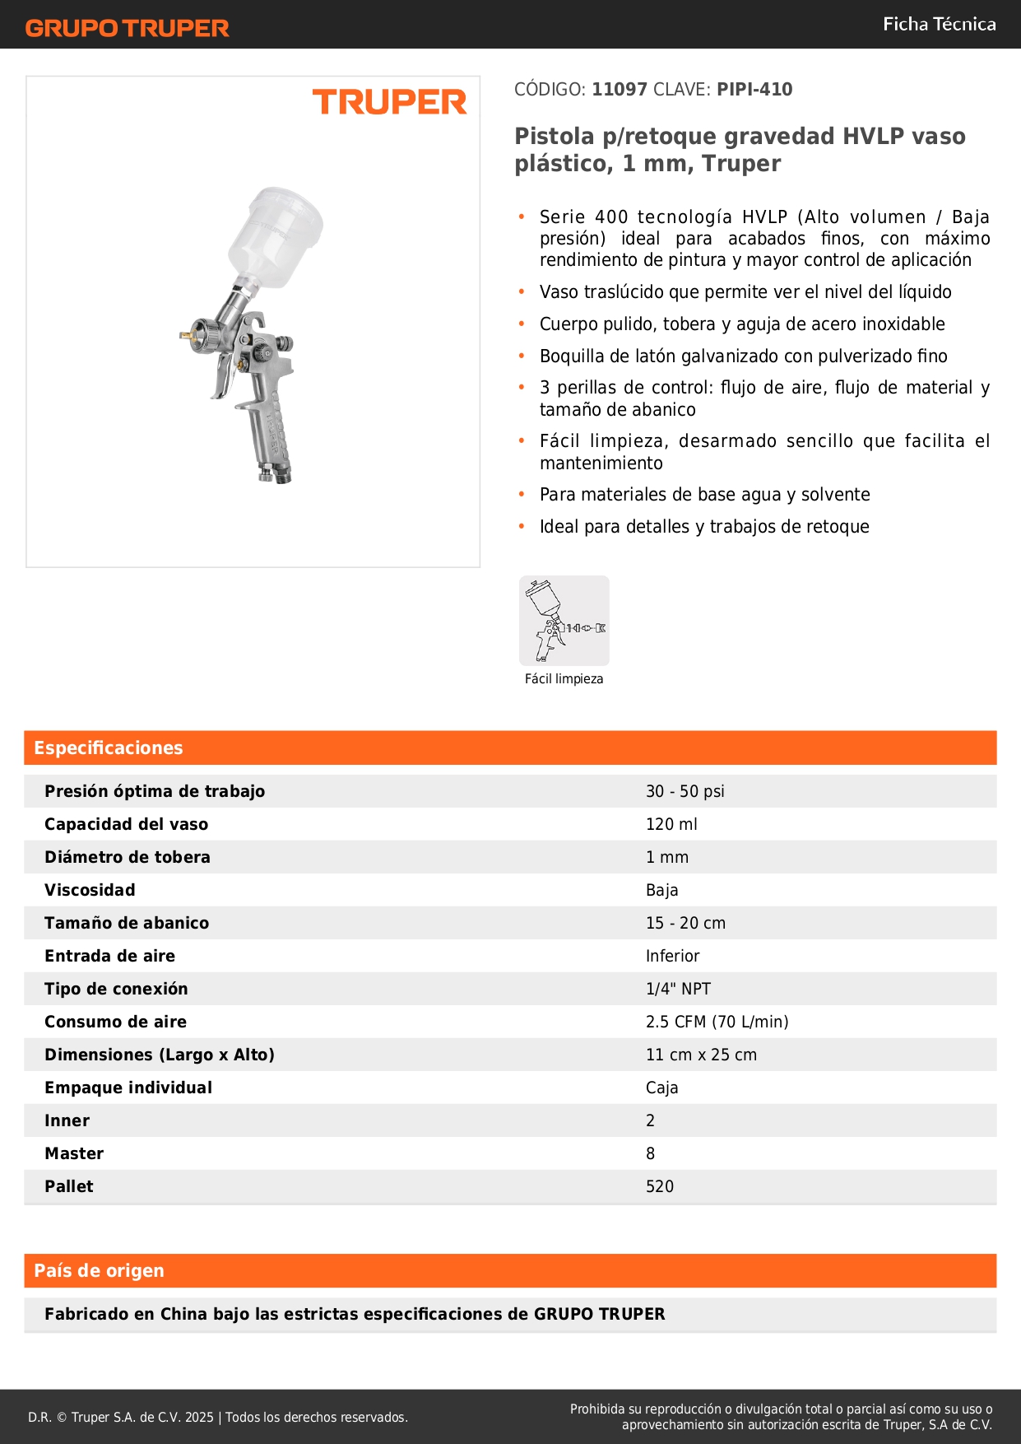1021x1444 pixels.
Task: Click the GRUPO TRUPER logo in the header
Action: (127, 28)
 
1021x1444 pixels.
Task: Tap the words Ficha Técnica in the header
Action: (939, 24)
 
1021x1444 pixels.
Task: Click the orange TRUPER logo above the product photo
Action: (389, 102)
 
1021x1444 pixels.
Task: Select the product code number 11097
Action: (620, 90)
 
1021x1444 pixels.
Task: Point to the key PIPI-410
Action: (754, 90)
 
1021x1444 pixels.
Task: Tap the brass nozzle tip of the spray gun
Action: (184, 335)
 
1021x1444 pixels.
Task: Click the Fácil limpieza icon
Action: (564, 621)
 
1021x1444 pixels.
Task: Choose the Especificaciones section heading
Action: (109, 748)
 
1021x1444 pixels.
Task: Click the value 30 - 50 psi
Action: (685, 791)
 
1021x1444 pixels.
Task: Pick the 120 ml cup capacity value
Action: (671, 824)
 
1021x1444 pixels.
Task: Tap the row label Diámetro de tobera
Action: (128, 857)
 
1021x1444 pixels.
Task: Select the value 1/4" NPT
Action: (678, 989)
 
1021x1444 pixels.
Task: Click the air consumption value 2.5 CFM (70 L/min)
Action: (717, 1022)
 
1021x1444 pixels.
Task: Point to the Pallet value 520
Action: (660, 1186)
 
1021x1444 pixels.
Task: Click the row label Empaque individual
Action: (128, 1088)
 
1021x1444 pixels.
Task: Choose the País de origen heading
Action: (99, 1270)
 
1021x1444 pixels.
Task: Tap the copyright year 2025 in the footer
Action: (199, 1417)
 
